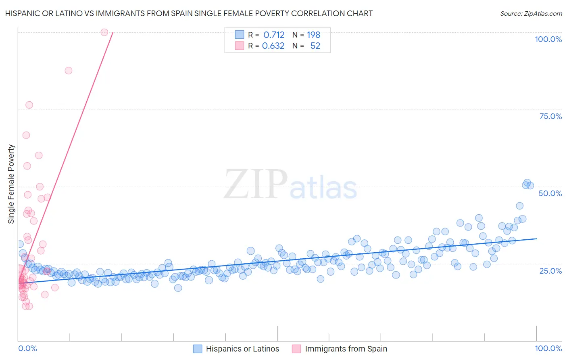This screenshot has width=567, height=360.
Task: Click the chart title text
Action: click(189, 13)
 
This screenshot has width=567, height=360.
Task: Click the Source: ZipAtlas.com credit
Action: click(531, 13)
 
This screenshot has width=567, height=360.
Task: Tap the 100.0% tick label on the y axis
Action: click(548, 39)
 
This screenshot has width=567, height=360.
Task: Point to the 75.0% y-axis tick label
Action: click(550, 116)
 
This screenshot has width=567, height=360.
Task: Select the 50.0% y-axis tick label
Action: click(550, 193)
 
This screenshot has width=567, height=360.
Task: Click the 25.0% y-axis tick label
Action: click(550, 270)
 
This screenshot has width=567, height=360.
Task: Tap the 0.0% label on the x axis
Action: click(27, 348)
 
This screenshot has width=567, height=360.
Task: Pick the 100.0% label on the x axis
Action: click(548, 348)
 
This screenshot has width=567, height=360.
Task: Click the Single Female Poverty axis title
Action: click(11, 184)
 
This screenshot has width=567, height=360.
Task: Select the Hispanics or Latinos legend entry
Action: click(242, 349)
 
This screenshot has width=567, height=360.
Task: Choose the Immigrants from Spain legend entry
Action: click(346, 349)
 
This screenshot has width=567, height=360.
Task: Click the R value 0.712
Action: click(274, 35)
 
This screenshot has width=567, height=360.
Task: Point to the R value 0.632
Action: click(273, 46)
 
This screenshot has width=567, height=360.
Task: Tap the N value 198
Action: click(313, 35)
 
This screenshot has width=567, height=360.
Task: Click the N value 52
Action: click(315, 46)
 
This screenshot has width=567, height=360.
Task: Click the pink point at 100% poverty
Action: click(104, 32)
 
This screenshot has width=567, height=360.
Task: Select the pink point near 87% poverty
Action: click(69, 71)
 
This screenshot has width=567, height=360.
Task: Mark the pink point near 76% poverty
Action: click(29, 105)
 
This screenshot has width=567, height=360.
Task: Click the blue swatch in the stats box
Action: click(240, 35)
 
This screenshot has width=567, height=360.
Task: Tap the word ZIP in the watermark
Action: click(255, 184)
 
